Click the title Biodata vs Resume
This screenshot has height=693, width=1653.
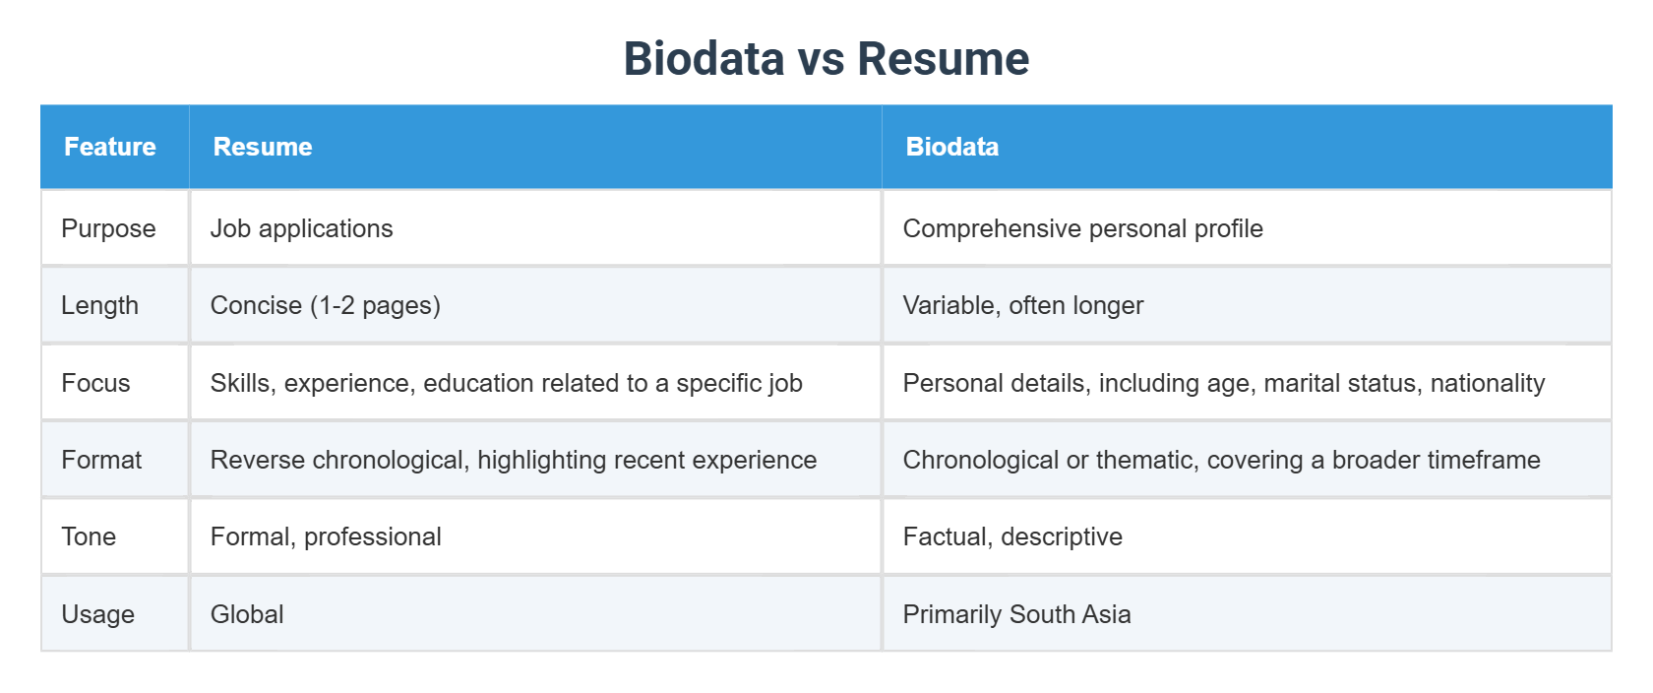[826, 59]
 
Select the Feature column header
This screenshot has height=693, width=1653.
[110, 147]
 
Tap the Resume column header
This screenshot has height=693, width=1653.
[263, 147]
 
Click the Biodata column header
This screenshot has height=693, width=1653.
[951, 147]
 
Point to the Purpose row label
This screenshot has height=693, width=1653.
[108, 228]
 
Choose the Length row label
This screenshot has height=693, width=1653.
[99, 305]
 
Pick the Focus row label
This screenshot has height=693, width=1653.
[95, 383]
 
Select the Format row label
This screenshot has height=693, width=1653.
[101, 460]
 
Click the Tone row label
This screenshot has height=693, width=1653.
[89, 536]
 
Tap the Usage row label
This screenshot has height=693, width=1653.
[97, 614]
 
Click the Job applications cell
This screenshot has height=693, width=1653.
[301, 228]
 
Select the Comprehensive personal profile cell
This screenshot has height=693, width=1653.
[1082, 228]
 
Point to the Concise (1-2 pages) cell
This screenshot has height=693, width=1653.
[325, 305]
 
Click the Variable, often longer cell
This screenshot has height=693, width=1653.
[1022, 305]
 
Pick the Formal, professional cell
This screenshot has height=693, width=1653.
[326, 536]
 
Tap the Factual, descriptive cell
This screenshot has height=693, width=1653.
[1012, 536]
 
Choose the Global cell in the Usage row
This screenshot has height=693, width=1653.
[247, 614]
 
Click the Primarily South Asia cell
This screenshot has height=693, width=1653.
[1016, 614]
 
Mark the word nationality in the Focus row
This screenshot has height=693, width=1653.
[1487, 383]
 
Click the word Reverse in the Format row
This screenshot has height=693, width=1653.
[250, 460]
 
